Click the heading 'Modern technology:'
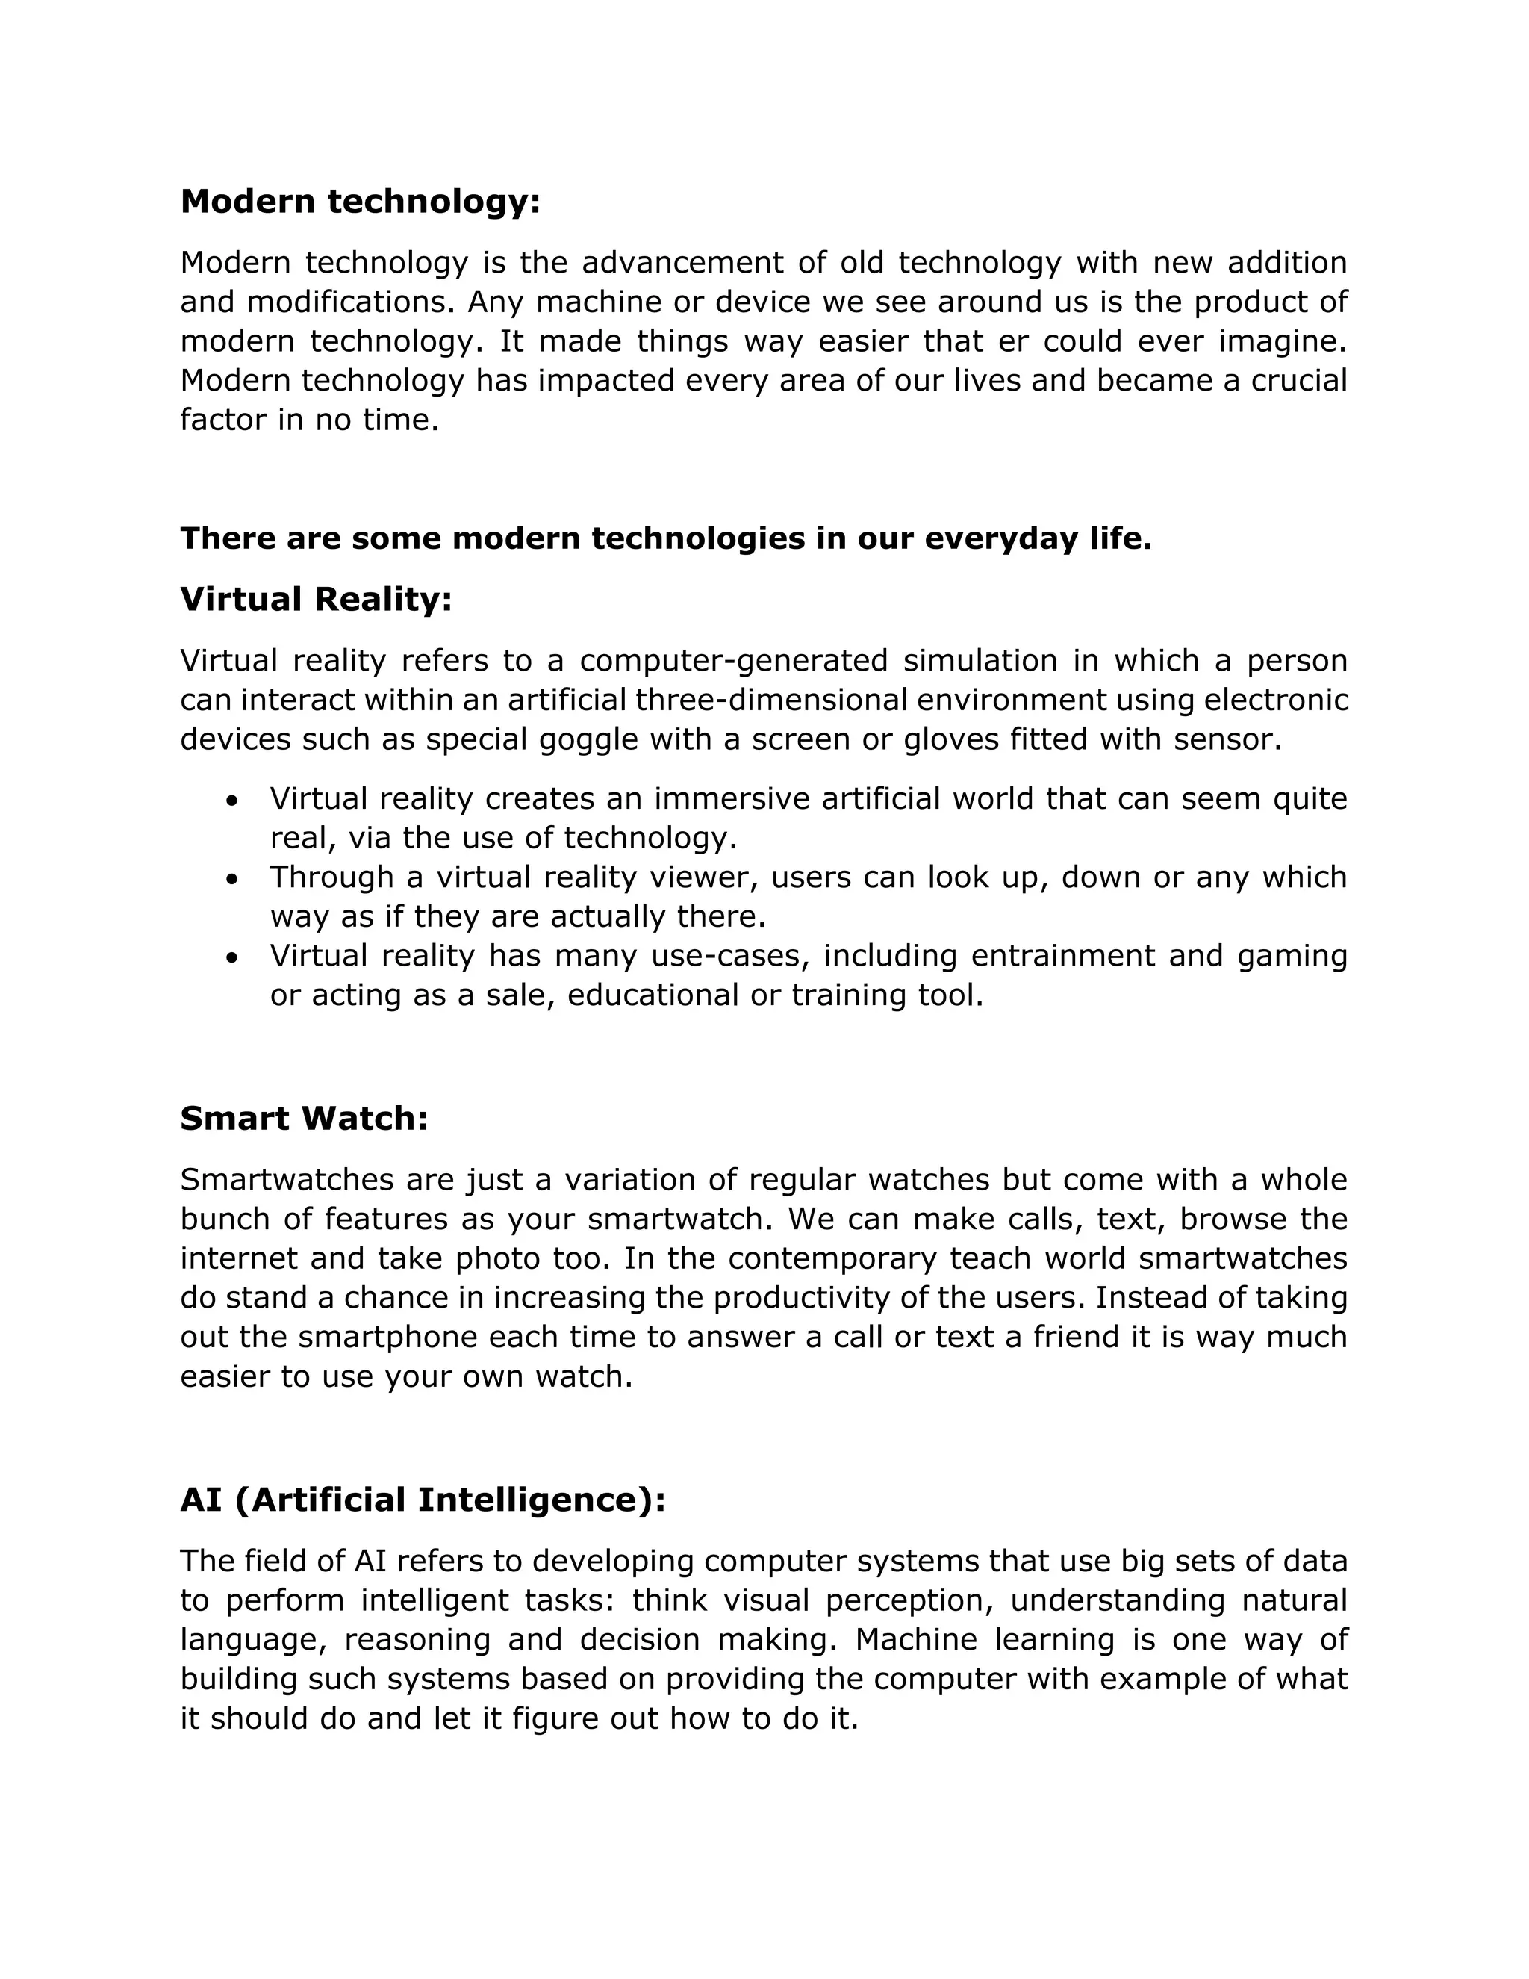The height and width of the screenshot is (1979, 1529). (360, 201)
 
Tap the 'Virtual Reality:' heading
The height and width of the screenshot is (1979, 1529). (315, 599)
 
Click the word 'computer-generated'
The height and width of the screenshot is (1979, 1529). (733, 661)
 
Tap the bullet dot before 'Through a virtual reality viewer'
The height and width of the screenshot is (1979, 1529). (233, 879)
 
